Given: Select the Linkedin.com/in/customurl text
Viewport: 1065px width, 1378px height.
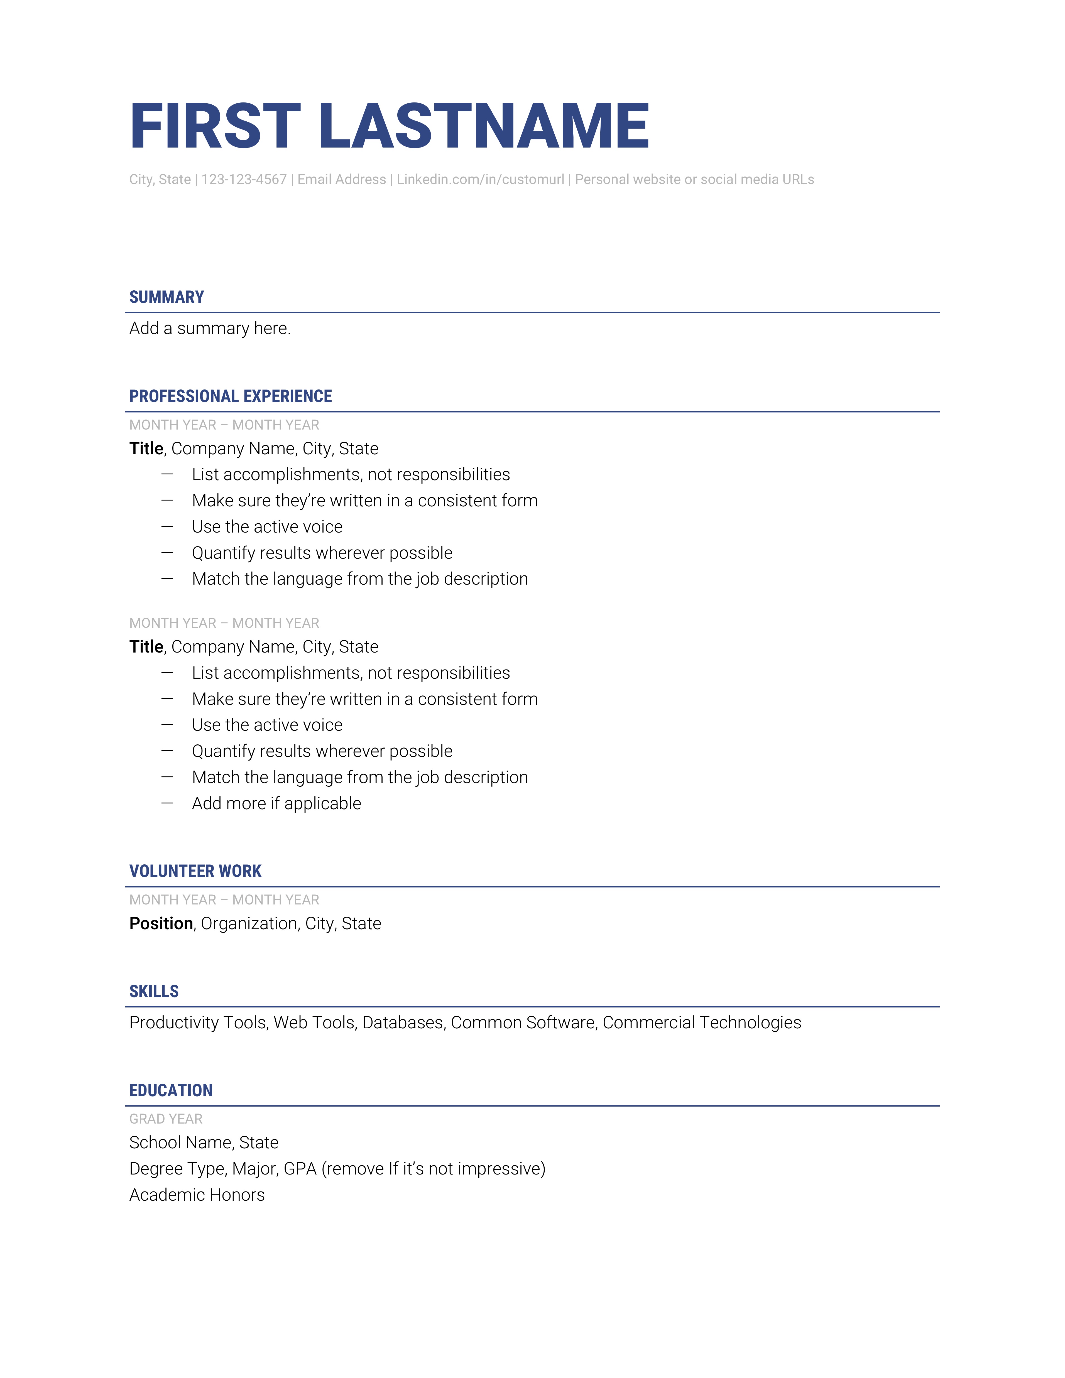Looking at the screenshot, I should pos(480,180).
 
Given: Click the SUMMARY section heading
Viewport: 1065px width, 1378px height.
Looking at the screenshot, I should pos(167,297).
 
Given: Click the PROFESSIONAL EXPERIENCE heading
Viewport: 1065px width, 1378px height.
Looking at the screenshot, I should pos(230,396).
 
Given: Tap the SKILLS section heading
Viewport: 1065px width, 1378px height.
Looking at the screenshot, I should pos(154,991).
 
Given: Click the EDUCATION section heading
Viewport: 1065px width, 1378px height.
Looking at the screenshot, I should pos(171,1090).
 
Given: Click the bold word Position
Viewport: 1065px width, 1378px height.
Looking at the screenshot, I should pos(161,924).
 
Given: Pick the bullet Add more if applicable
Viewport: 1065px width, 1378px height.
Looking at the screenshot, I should pos(276,804).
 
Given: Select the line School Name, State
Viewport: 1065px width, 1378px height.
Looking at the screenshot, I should pos(204,1143).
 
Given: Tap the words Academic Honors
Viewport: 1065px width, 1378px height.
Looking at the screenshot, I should pos(197,1195).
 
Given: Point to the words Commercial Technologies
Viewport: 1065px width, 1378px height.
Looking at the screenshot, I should pos(702,1023).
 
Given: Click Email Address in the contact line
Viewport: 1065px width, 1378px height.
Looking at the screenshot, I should pos(341,180).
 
